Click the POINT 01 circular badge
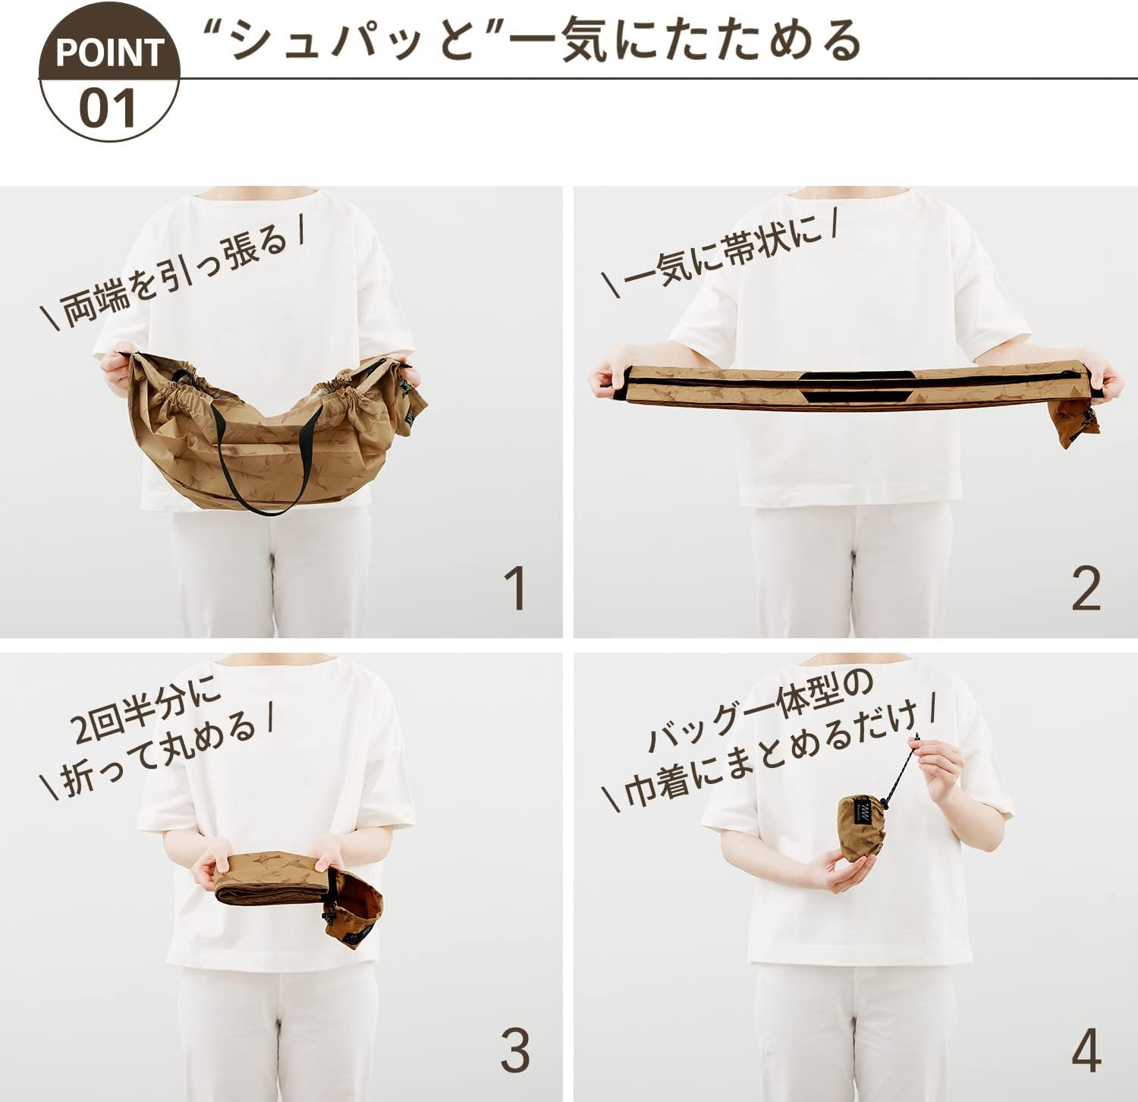coord(109,72)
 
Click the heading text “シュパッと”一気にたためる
coord(531,39)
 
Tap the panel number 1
coord(516,588)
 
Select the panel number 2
coord(1086,588)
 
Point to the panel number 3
coord(515,1051)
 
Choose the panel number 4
coord(1086,1051)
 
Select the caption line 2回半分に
coord(146,709)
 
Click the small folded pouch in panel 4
coord(862,826)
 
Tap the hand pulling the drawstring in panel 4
coord(939,768)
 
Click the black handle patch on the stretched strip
coord(854,386)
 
